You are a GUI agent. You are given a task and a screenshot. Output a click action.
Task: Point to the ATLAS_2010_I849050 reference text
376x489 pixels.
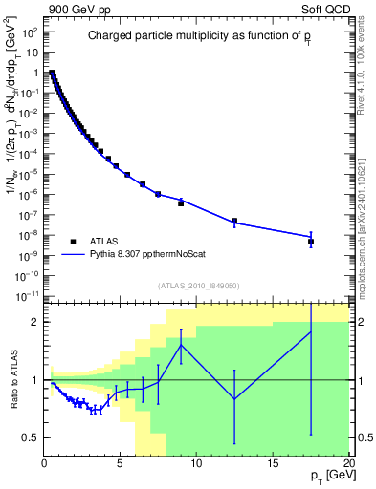point(198,285)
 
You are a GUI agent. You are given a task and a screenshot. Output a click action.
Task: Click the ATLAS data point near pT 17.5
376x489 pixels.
point(311,242)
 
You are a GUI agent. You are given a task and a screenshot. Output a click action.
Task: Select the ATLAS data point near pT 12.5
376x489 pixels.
point(234,221)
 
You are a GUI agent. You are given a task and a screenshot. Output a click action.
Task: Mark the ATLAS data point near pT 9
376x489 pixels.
point(181,202)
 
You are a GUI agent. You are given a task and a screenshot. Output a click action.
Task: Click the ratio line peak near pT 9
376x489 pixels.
point(181,345)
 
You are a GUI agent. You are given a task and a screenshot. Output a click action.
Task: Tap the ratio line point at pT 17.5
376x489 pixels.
point(311,331)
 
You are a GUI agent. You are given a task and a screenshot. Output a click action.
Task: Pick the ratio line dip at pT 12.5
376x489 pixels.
point(234,399)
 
